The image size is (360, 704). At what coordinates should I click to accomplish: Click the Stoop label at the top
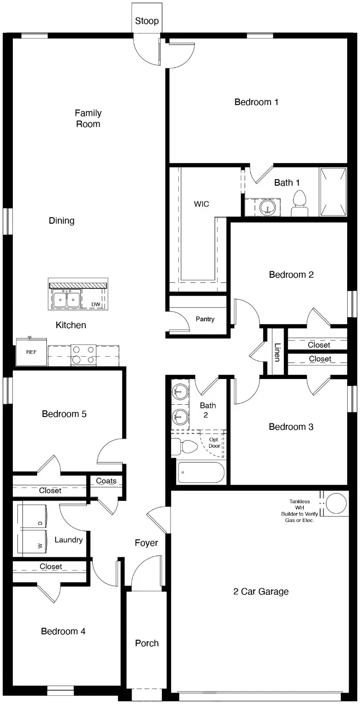coord(147,21)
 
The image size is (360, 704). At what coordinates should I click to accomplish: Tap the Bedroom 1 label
coord(256,102)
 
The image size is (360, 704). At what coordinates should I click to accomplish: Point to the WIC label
coord(201,204)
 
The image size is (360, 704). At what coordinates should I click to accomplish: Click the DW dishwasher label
coord(96,304)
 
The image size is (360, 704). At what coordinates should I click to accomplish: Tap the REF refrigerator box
coord(31,352)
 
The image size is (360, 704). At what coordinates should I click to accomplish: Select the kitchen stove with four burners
coord(83,355)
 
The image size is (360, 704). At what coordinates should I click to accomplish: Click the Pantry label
coord(205,319)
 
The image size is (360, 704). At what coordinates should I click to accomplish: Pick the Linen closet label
coord(277,352)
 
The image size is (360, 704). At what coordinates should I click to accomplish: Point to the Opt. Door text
coord(214,442)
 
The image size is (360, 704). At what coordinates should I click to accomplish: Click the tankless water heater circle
coord(338,503)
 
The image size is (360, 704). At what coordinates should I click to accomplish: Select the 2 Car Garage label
coord(261,591)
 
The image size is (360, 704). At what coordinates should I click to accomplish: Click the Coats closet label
coord(106,481)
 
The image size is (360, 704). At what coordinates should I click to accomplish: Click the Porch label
coord(147,643)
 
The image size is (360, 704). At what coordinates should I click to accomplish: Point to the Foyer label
coord(146,543)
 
